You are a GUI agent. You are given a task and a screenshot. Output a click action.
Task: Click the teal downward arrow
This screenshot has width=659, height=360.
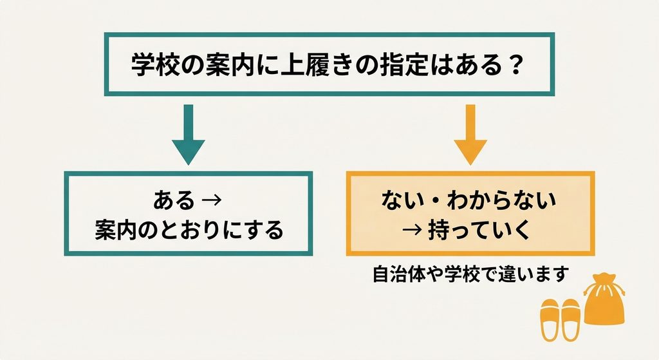tap(189, 135)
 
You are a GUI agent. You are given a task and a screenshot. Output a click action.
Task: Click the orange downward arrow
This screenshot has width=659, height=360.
tap(470, 135)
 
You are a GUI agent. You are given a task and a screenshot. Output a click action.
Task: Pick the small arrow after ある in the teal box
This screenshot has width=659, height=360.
tap(212, 200)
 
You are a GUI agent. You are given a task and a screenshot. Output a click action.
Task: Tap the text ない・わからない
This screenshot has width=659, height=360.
tap(469, 200)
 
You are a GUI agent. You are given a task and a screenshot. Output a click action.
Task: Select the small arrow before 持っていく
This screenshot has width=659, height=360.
tap(412, 231)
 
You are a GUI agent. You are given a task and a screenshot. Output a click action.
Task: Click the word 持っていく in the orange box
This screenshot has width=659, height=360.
tap(479, 231)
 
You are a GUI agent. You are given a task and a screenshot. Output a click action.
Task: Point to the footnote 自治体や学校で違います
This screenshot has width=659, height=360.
tap(470, 274)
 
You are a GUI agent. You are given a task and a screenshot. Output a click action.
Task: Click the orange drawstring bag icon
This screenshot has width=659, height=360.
tap(604, 299)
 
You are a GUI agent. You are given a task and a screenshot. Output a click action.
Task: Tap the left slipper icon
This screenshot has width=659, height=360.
tap(550, 319)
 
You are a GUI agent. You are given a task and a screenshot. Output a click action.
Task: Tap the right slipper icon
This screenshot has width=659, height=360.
tap(570, 319)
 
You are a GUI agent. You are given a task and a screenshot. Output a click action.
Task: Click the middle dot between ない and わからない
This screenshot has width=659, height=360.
tap(436, 200)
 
